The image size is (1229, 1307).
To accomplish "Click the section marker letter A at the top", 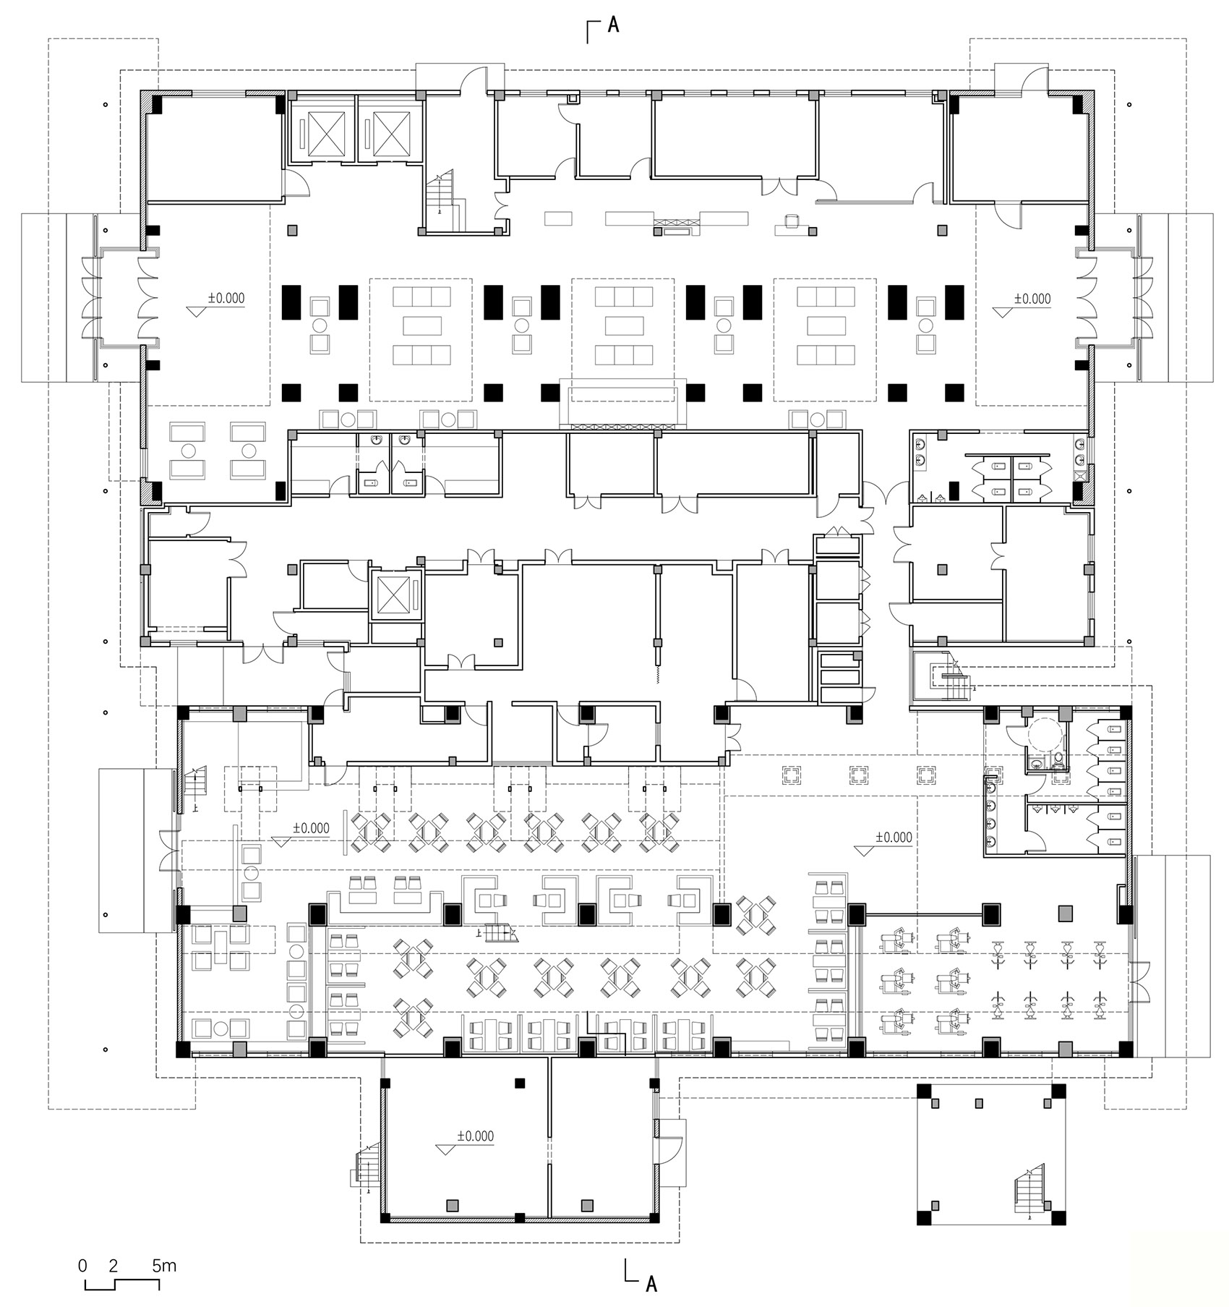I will pos(613,25).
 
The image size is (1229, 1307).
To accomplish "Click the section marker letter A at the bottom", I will pos(651,1284).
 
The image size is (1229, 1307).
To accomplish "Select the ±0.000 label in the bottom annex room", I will pos(475,1136).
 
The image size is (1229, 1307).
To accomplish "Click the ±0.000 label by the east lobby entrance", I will pos(1032,298).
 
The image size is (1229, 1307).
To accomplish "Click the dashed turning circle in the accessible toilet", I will pos(1043,736).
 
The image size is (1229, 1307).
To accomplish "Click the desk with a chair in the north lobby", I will pos(792,225).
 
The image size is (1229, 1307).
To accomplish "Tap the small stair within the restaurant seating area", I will pos(500,934).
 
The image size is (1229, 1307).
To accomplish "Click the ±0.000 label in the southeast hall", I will pos(894,837).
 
